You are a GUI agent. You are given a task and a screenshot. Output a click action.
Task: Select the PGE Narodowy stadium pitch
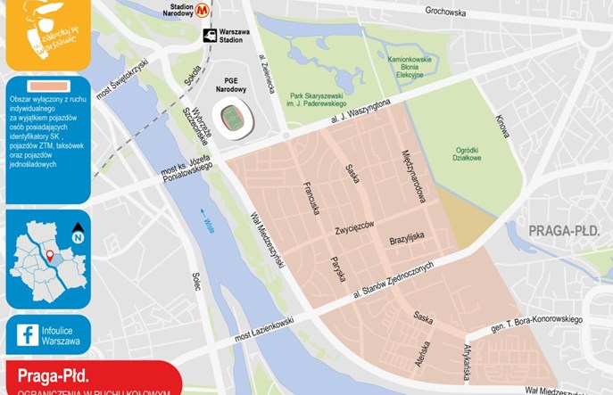point(233,116)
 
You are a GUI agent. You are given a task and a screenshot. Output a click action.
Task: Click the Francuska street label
point(311,198)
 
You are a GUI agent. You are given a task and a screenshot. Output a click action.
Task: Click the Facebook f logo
point(28,335)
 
